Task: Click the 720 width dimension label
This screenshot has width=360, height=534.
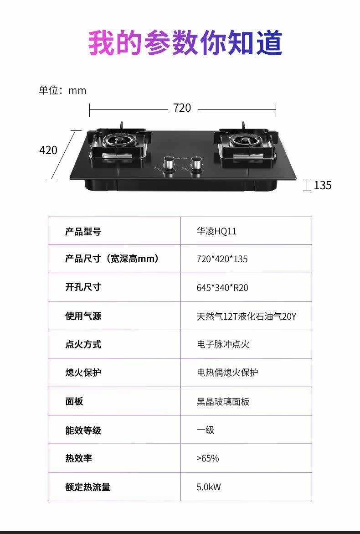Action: click(182, 108)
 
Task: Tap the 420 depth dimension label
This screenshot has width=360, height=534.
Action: click(48, 150)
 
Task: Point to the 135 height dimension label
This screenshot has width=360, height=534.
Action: click(323, 185)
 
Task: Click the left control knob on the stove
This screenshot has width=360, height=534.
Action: click(168, 164)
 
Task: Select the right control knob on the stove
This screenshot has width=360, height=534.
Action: click(197, 164)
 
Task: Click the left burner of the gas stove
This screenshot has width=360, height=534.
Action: click(119, 143)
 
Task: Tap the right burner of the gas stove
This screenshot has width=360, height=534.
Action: click(247, 143)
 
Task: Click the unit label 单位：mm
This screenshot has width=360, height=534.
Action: click(62, 90)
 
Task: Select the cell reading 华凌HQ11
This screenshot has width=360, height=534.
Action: click(216, 231)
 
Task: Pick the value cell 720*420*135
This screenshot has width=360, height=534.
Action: click(222, 259)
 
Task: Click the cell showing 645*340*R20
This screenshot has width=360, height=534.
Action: click(222, 288)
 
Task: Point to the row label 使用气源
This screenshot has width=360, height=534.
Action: click(83, 316)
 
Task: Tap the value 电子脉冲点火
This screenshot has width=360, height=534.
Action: click(223, 344)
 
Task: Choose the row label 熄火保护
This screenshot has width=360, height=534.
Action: click(83, 373)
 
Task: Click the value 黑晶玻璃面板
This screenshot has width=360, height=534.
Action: click(223, 402)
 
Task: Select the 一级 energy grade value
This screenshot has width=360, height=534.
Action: click(206, 430)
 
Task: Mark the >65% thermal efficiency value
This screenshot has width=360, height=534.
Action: click(208, 458)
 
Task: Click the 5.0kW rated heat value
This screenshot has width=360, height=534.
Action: click(209, 487)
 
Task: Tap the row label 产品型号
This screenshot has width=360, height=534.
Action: click(83, 232)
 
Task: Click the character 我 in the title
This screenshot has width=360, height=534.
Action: click(102, 43)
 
